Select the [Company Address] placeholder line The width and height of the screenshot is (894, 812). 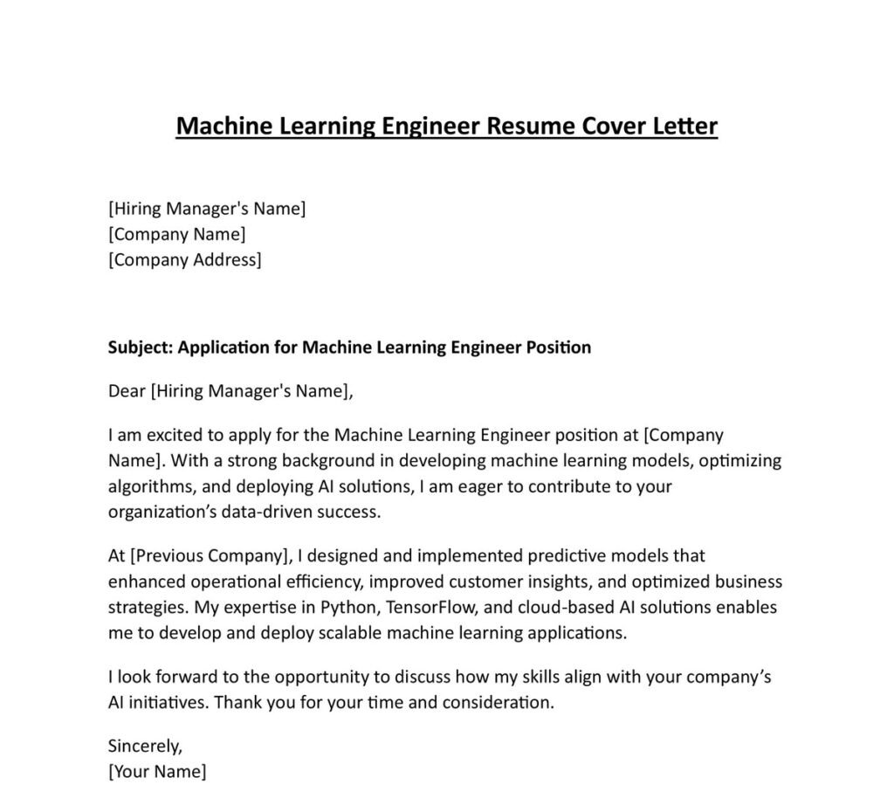(x=184, y=259)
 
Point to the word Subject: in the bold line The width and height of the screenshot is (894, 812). (x=140, y=348)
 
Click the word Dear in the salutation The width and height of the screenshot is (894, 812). (x=127, y=391)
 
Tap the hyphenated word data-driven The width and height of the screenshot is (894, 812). (x=271, y=512)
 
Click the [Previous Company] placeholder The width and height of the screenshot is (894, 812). (x=211, y=555)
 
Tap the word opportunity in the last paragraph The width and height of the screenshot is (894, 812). (x=318, y=677)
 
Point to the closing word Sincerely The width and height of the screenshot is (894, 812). (x=145, y=747)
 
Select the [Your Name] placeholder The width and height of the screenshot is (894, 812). (x=157, y=772)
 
